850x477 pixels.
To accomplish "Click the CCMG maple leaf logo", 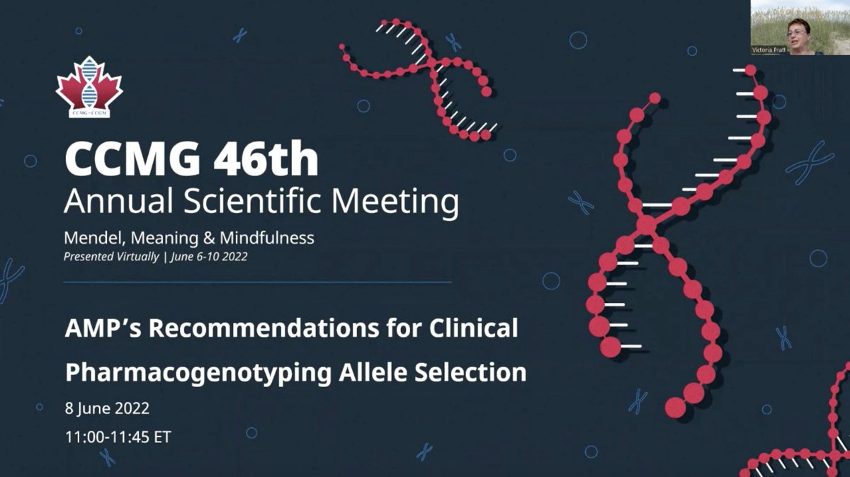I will pyautogui.click(x=89, y=87).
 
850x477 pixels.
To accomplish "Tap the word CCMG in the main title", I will pyautogui.click(x=125, y=161).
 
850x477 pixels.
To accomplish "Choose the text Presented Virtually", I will pyautogui.click(x=111, y=257).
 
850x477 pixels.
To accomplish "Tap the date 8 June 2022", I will pyautogui.click(x=108, y=409).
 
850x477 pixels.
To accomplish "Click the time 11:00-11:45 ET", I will pyautogui.click(x=118, y=437).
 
